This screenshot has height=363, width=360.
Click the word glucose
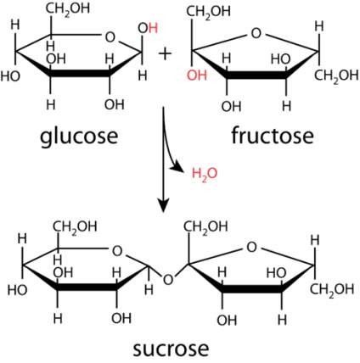tap(79, 137)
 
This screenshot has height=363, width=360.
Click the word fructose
tap(273, 136)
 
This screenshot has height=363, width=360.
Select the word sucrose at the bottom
tap(171, 349)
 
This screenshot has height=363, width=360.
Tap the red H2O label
tap(205, 174)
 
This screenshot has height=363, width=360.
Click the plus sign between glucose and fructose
tap(165, 53)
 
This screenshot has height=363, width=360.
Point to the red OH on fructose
tap(197, 75)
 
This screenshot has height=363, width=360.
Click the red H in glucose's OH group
tap(153, 29)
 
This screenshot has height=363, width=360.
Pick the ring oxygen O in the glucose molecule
tap(110, 37)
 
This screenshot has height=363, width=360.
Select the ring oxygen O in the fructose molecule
tap(256, 33)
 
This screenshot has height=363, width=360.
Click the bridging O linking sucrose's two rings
tap(168, 280)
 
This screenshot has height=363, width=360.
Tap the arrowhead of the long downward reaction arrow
tap(163, 206)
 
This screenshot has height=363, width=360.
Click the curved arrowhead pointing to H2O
tap(177, 168)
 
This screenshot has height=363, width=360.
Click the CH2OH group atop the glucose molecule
tap(68, 9)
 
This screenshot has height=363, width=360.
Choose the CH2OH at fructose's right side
tap(336, 75)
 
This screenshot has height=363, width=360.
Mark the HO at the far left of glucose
tap(10, 76)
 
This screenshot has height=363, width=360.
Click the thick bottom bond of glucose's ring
tap(80, 74)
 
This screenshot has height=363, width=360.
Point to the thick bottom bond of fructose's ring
tap(256, 75)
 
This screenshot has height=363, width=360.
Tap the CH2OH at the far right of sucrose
tap(332, 289)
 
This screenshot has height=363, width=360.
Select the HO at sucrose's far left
tap(17, 290)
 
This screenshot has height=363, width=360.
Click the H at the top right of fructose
tap(319, 26)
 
